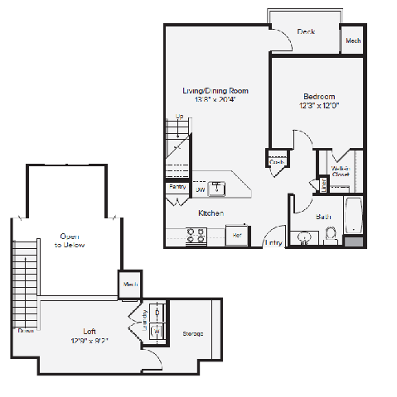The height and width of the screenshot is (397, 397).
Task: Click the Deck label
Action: pyautogui.click(x=306, y=32)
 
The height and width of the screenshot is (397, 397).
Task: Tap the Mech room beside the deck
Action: pyautogui.click(x=352, y=40)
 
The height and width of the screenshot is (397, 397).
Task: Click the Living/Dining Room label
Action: pyautogui.click(x=215, y=91)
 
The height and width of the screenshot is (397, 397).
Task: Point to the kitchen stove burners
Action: pyautogui.click(x=197, y=237)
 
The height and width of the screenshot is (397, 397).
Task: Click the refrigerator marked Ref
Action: pyautogui.click(x=237, y=235)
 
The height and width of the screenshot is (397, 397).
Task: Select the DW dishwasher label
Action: pyautogui.click(x=200, y=190)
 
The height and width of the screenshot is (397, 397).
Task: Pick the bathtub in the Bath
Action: pyautogui.click(x=353, y=215)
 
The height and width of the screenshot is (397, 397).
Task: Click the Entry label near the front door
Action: pyautogui.click(x=273, y=243)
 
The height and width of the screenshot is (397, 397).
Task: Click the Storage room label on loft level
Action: pyautogui.click(x=193, y=333)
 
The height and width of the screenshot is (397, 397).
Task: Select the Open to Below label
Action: pyautogui.click(x=70, y=241)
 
